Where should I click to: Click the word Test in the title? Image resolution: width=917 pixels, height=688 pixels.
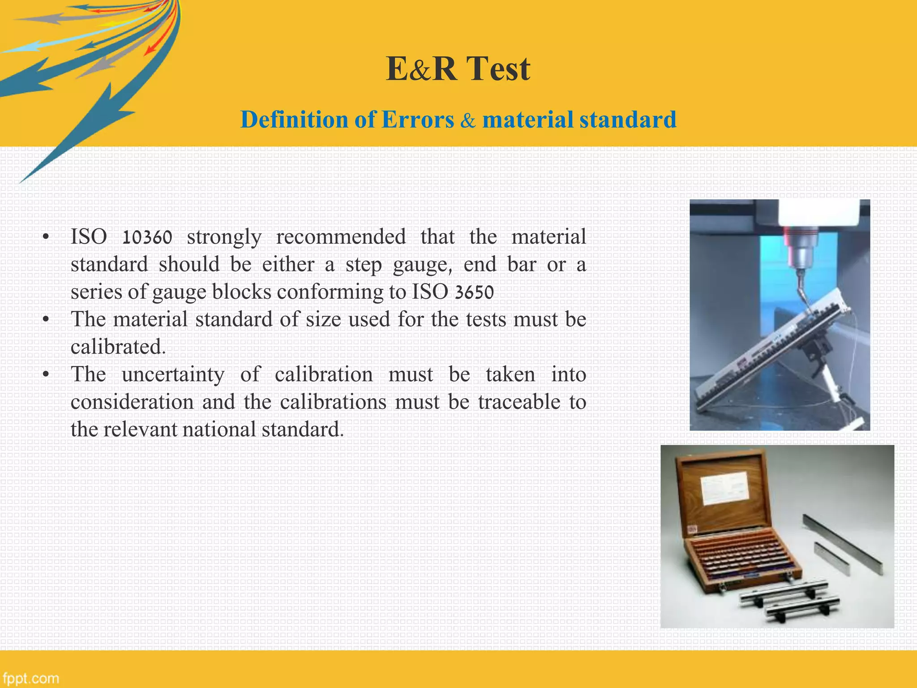tap(498, 69)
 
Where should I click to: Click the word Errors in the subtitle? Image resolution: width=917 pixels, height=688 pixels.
tap(418, 120)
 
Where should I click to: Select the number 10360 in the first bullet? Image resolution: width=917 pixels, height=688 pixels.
tap(147, 237)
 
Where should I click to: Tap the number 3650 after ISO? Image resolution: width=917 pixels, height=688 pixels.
tap(474, 292)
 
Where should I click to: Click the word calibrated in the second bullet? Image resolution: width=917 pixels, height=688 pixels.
tap(118, 347)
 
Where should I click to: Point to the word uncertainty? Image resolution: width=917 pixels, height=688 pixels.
tap(173, 374)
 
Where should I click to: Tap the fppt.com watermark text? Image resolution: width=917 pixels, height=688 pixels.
tap(30, 678)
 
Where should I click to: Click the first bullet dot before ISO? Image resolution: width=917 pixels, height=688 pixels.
tap(45, 238)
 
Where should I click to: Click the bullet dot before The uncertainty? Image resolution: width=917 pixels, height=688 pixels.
tap(45, 375)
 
